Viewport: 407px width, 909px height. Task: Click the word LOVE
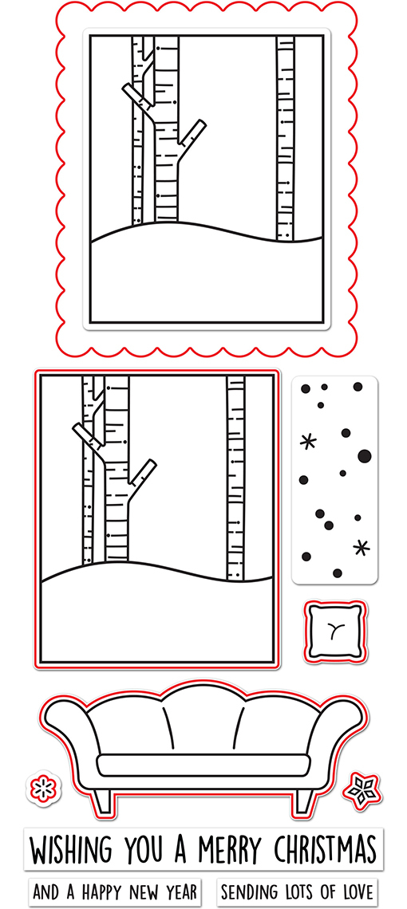(x=355, y=891)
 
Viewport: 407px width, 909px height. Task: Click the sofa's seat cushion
(x=203, y=765)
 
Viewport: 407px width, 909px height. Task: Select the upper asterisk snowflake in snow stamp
(x=308, y=443)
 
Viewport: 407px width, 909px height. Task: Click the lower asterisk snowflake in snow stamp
(x=362, y=547)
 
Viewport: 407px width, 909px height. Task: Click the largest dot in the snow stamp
(x=365, y=456)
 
